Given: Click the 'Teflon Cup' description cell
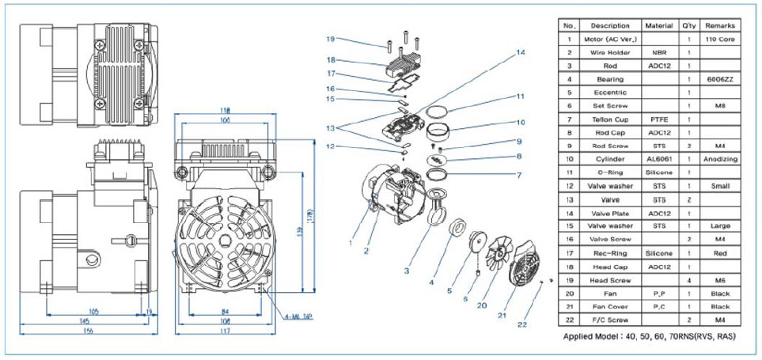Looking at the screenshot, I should [x=610, y=119].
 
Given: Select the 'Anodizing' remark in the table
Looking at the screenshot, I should [x=719, y=159].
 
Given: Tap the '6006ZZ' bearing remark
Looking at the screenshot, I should [x=719, y=79].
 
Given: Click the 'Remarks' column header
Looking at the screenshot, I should [x=719, y=25].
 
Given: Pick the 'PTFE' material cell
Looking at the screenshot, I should [x=659, y=119].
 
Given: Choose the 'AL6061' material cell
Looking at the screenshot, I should [x=659, y=159].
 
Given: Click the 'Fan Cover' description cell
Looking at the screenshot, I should [x=610, y=306].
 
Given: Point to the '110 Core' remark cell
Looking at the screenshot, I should [x=719, y=39].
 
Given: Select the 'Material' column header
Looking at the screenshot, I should [x=659, y=25].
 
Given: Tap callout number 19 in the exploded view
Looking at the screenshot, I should [x=331, y=38].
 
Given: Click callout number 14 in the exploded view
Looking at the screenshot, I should [x=520, y=53].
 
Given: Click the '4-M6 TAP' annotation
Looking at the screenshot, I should [x=298, y=316].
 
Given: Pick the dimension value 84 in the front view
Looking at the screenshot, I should [x=226, y=310].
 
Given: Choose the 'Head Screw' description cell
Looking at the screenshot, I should [x=610, y=279].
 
